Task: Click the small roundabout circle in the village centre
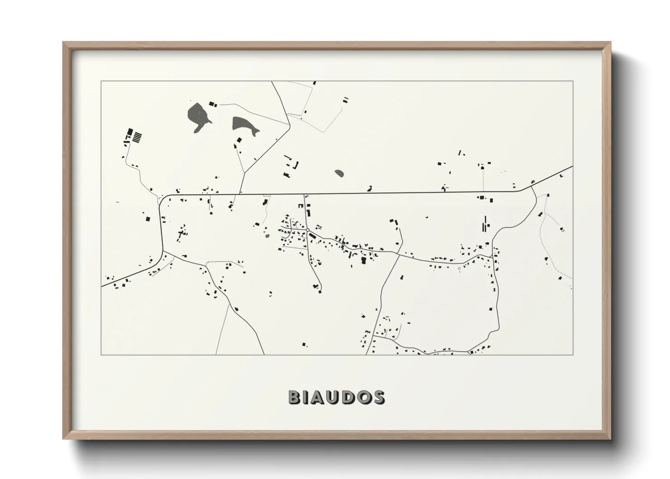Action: coord(307,230)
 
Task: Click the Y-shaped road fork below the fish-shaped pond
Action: coord(244,172)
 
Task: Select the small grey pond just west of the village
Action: coord(267,235)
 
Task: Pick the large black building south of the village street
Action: coord(363,260)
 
